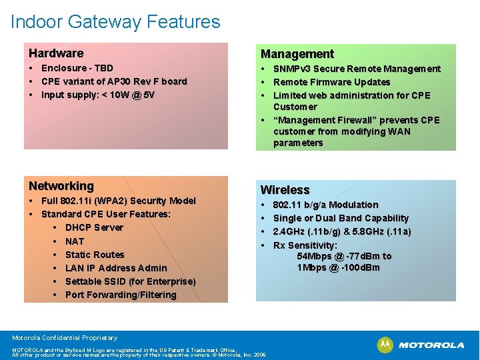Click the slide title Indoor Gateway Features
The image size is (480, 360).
pyautogui.click(x=115, y=22)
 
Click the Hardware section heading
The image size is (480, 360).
pyautogui.click(x=56, y=53)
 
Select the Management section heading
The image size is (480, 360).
pyautogui.click(x=297, y=54)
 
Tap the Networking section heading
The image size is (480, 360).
pyautogui.click(x=61, y=186)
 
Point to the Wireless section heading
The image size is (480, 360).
pyautogui.click(x=285, y=190)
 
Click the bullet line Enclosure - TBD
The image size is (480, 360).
pyautogui.click(x=77, y=68)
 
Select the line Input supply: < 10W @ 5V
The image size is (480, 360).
pyautogui.click(x=97, y=95)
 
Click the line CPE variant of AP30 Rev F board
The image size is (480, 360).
pyautogui.click(x=114, y=81)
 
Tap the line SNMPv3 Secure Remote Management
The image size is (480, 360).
pyautogui.click(x=357, y=69)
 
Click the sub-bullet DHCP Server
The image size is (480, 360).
pyautogui.click(x=94, y=227)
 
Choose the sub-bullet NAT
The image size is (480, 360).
pyautogui.click(x=75, y=241)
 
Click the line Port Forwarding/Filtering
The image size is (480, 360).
pyautogui.click(x=121, y=295)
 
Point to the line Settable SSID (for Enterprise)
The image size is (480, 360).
pyautogui.click(x=130, y=281)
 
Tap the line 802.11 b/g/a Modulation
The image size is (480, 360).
pyautogui.click(x=325, y=205)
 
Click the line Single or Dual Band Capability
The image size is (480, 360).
pyautogui.click(x=341, y=218)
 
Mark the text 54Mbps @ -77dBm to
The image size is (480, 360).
pyautogui.click(x=344, y=256)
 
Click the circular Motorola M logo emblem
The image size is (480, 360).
pyautogui.click(x=385, y=345)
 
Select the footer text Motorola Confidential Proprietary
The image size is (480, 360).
pyautogui.click(x=65, y=338)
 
